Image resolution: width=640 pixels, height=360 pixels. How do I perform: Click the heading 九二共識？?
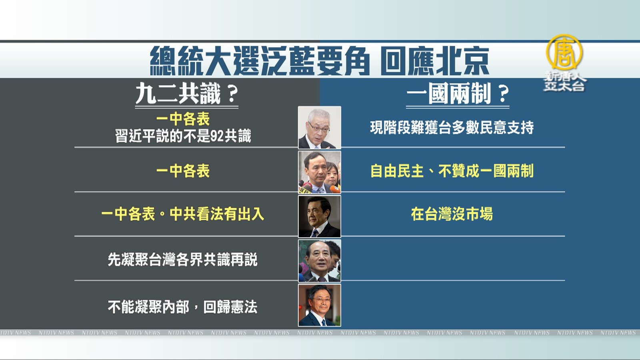coord(187,94)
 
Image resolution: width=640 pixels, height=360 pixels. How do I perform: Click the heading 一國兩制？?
coord(458,94)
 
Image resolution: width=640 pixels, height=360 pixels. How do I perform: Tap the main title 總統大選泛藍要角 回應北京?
coord(320,60)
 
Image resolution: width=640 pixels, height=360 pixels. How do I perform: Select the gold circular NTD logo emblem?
coord(564,52)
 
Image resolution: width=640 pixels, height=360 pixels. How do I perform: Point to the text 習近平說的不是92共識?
coord(183,136)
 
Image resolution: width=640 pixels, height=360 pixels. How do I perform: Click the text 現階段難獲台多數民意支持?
coord(452,128)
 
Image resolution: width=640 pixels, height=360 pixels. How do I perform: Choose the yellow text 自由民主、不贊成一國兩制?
coord(452,171)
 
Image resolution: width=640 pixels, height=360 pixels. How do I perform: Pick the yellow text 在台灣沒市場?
coord(452,214)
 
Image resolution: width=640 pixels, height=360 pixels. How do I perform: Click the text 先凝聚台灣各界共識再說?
coord(182,260)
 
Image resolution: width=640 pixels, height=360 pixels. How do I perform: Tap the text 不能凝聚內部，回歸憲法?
coord(182,307)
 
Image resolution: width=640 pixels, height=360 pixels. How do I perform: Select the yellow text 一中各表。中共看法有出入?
coord(182,214)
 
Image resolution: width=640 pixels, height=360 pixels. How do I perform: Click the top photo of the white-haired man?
coord(320,128)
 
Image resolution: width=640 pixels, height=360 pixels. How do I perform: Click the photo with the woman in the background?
coord(320,172)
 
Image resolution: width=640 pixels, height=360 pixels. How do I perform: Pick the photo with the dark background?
coord(320,216)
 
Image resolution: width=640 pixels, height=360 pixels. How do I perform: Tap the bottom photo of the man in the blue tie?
coord(320,305)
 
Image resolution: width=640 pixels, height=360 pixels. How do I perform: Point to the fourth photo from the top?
coord(320,261)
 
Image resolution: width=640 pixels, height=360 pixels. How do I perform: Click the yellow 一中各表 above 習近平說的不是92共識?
coord(183,119)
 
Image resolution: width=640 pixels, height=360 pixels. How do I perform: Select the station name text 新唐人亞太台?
coord(564,81)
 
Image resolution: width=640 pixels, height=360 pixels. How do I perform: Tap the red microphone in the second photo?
coord(335,189)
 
